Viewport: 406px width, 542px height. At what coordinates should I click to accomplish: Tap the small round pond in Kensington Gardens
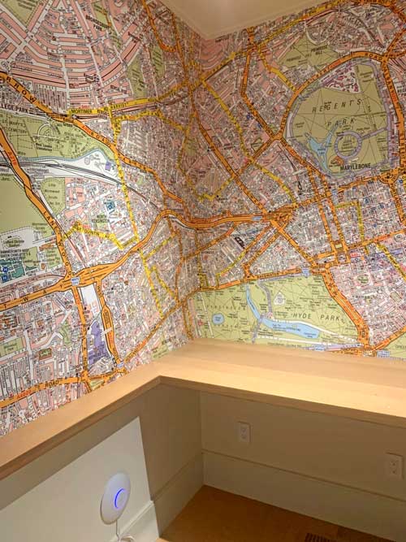coord(218,319)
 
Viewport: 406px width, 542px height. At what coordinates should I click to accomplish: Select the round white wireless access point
coord(115,497)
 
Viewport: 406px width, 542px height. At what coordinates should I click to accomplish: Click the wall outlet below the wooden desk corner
coord(244,432)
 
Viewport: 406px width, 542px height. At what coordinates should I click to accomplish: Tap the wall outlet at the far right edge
coord(393,466)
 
